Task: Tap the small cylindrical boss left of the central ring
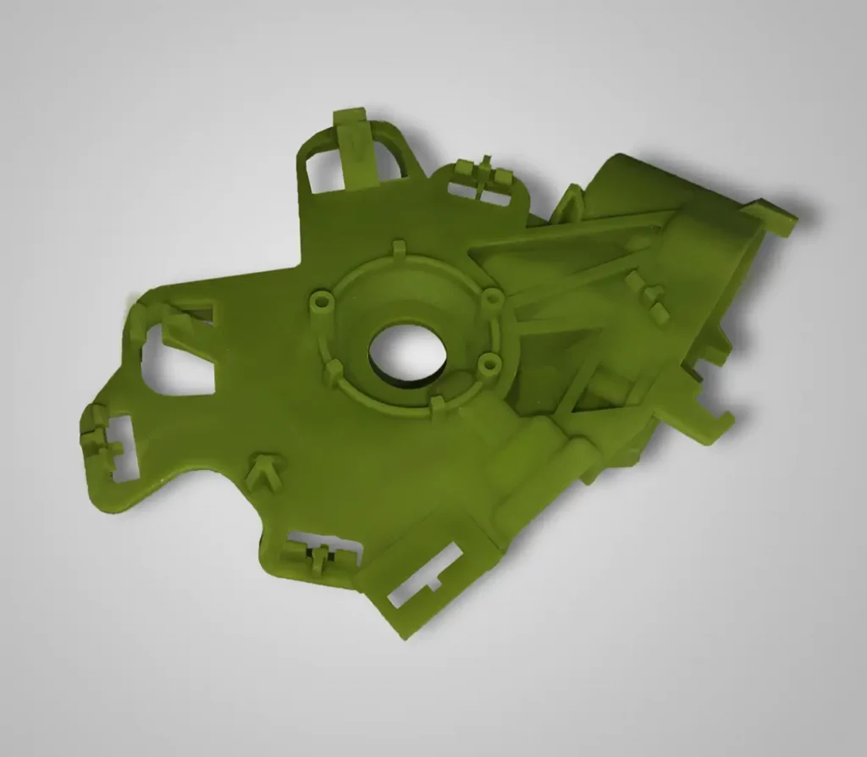[x=320, y=301]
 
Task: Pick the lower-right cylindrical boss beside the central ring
[x=489, y=364]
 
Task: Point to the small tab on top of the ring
[x=399, y=250]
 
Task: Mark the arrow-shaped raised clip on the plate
[x=266, y=469]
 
